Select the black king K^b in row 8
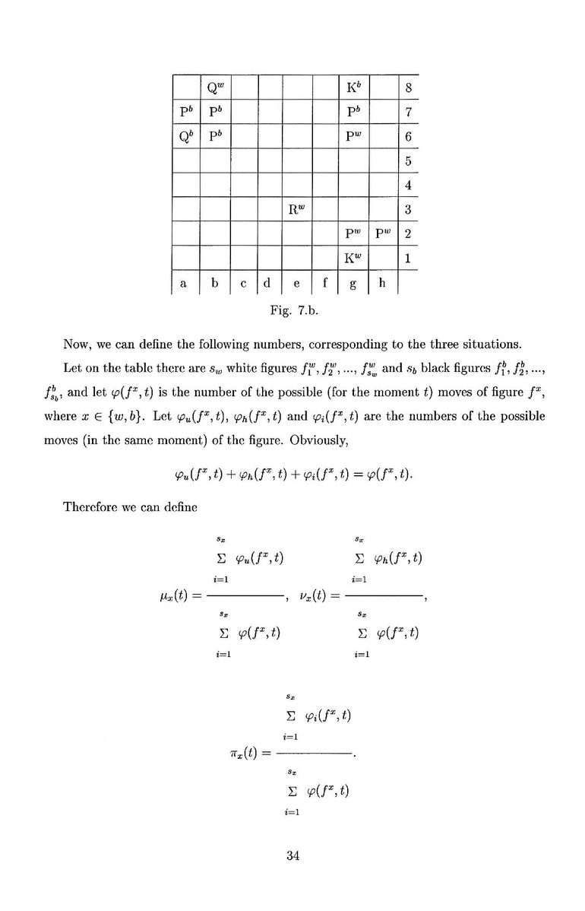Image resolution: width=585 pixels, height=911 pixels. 353,87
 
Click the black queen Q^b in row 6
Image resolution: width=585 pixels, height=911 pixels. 185,137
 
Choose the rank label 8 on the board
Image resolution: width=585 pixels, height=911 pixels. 408,87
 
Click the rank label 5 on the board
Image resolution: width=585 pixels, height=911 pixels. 408,160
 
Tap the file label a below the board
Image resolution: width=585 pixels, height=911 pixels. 184,283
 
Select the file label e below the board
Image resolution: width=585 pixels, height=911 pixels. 296,283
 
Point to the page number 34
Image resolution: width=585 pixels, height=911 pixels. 292,855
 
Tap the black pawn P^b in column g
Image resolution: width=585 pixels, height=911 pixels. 353,113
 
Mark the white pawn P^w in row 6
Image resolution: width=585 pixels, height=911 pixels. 353,137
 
